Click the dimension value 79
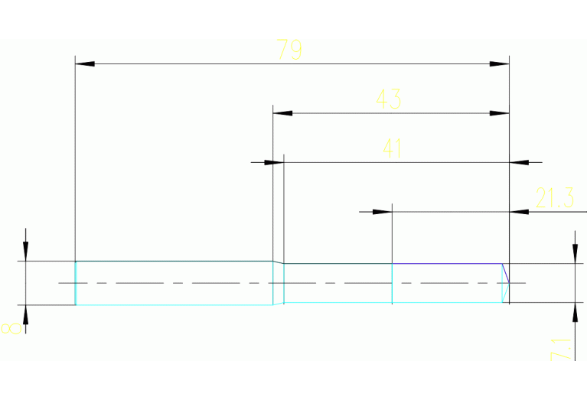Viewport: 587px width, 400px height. [290, 50]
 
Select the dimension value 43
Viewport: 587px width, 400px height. [388, 99]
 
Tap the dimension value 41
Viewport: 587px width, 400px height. [392, 148]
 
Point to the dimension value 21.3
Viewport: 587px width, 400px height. [555, 200]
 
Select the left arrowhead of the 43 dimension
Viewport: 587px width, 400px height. [282, 113]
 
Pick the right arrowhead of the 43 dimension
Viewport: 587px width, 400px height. [500, 113]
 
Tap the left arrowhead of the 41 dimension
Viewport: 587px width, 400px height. [264, 162]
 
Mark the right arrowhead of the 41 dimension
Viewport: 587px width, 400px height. [519, 162]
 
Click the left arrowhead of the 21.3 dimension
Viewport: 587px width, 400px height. [382, 211]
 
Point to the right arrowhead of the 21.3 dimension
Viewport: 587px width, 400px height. [519, 211]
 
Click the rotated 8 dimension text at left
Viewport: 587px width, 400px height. [11, 328]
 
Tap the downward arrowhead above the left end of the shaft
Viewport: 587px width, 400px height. [25, 252]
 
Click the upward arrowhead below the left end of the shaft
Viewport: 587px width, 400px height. [25, 314]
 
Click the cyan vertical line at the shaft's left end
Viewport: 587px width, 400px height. [75, 283]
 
